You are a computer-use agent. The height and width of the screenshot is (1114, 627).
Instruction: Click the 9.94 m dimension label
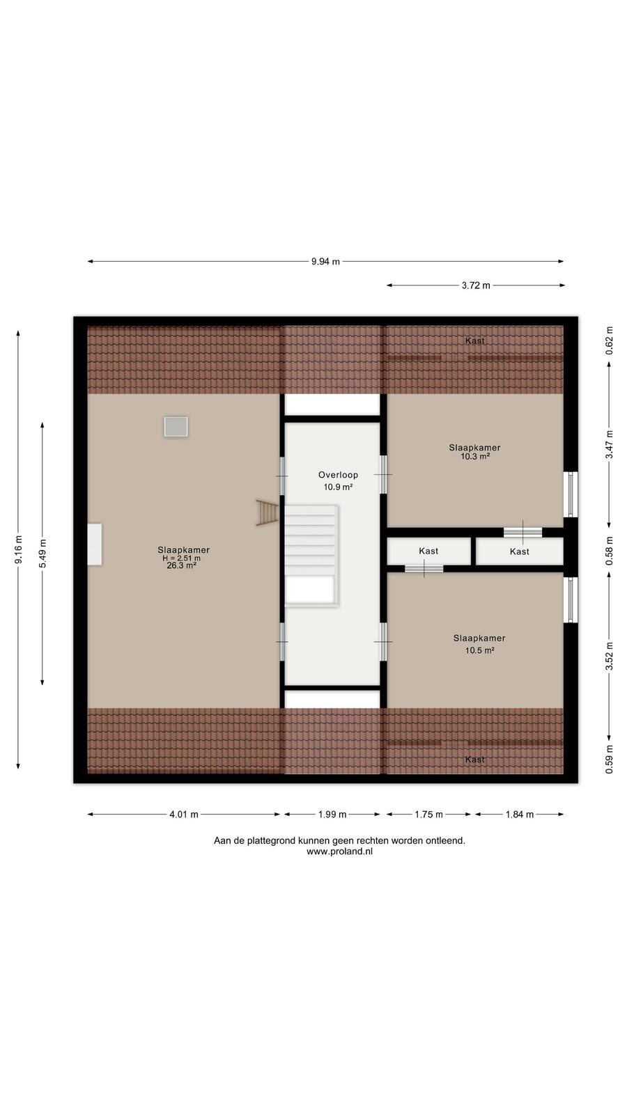tap(325, 262)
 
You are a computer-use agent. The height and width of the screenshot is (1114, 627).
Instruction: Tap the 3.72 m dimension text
tap(476, 285)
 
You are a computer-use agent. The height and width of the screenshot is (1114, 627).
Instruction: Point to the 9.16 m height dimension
tap(18, 549)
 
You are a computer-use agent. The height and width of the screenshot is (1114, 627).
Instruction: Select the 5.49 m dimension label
tap(42, 553)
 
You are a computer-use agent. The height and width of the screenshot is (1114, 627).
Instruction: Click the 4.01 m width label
tap(184, 815)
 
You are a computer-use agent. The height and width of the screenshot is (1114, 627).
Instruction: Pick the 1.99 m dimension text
tap(332, 815)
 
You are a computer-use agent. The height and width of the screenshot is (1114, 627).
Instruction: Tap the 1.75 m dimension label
tap(428, 815)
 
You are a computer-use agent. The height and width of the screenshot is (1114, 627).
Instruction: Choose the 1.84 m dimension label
tap(520, 815)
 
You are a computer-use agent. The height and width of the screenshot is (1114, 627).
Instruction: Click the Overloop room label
tap(338, 475)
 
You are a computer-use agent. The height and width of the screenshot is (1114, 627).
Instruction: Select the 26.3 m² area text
tap(182, 565)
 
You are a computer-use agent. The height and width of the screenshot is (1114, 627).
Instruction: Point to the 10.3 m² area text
tap(475, 456)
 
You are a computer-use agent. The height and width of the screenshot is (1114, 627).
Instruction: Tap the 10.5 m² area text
tap(480, 650)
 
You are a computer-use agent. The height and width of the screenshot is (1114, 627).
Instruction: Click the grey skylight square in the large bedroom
tap(176, 427)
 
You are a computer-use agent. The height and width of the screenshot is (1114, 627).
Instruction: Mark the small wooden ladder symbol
tap(268, 512)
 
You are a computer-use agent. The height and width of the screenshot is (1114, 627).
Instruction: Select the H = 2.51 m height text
tap(182, 558)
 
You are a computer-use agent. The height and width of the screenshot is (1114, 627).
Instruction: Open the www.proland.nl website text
tap(339, 852)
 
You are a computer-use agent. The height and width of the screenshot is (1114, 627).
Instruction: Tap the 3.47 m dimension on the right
tap(609, 445)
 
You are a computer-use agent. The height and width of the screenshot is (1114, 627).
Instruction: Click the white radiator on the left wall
tap(95, 544)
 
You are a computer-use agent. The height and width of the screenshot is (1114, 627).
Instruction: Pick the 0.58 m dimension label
tap(609, 551)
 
